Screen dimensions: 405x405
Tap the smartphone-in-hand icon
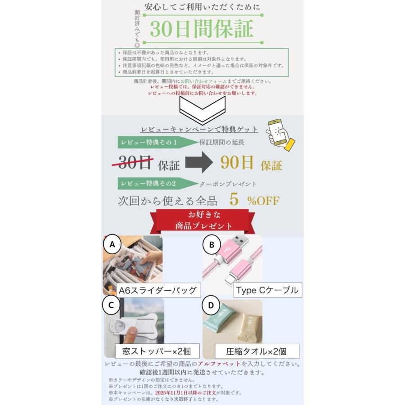pos(280,133)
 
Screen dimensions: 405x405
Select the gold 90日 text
pos(237,163)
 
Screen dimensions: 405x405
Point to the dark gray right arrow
pos(198,162)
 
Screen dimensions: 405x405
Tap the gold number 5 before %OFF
pos(234,200)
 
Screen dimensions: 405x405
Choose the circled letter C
pos(112,306)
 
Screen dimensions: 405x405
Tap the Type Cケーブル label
pos(267,290)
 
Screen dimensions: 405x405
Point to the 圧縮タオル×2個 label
pos(256,351)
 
